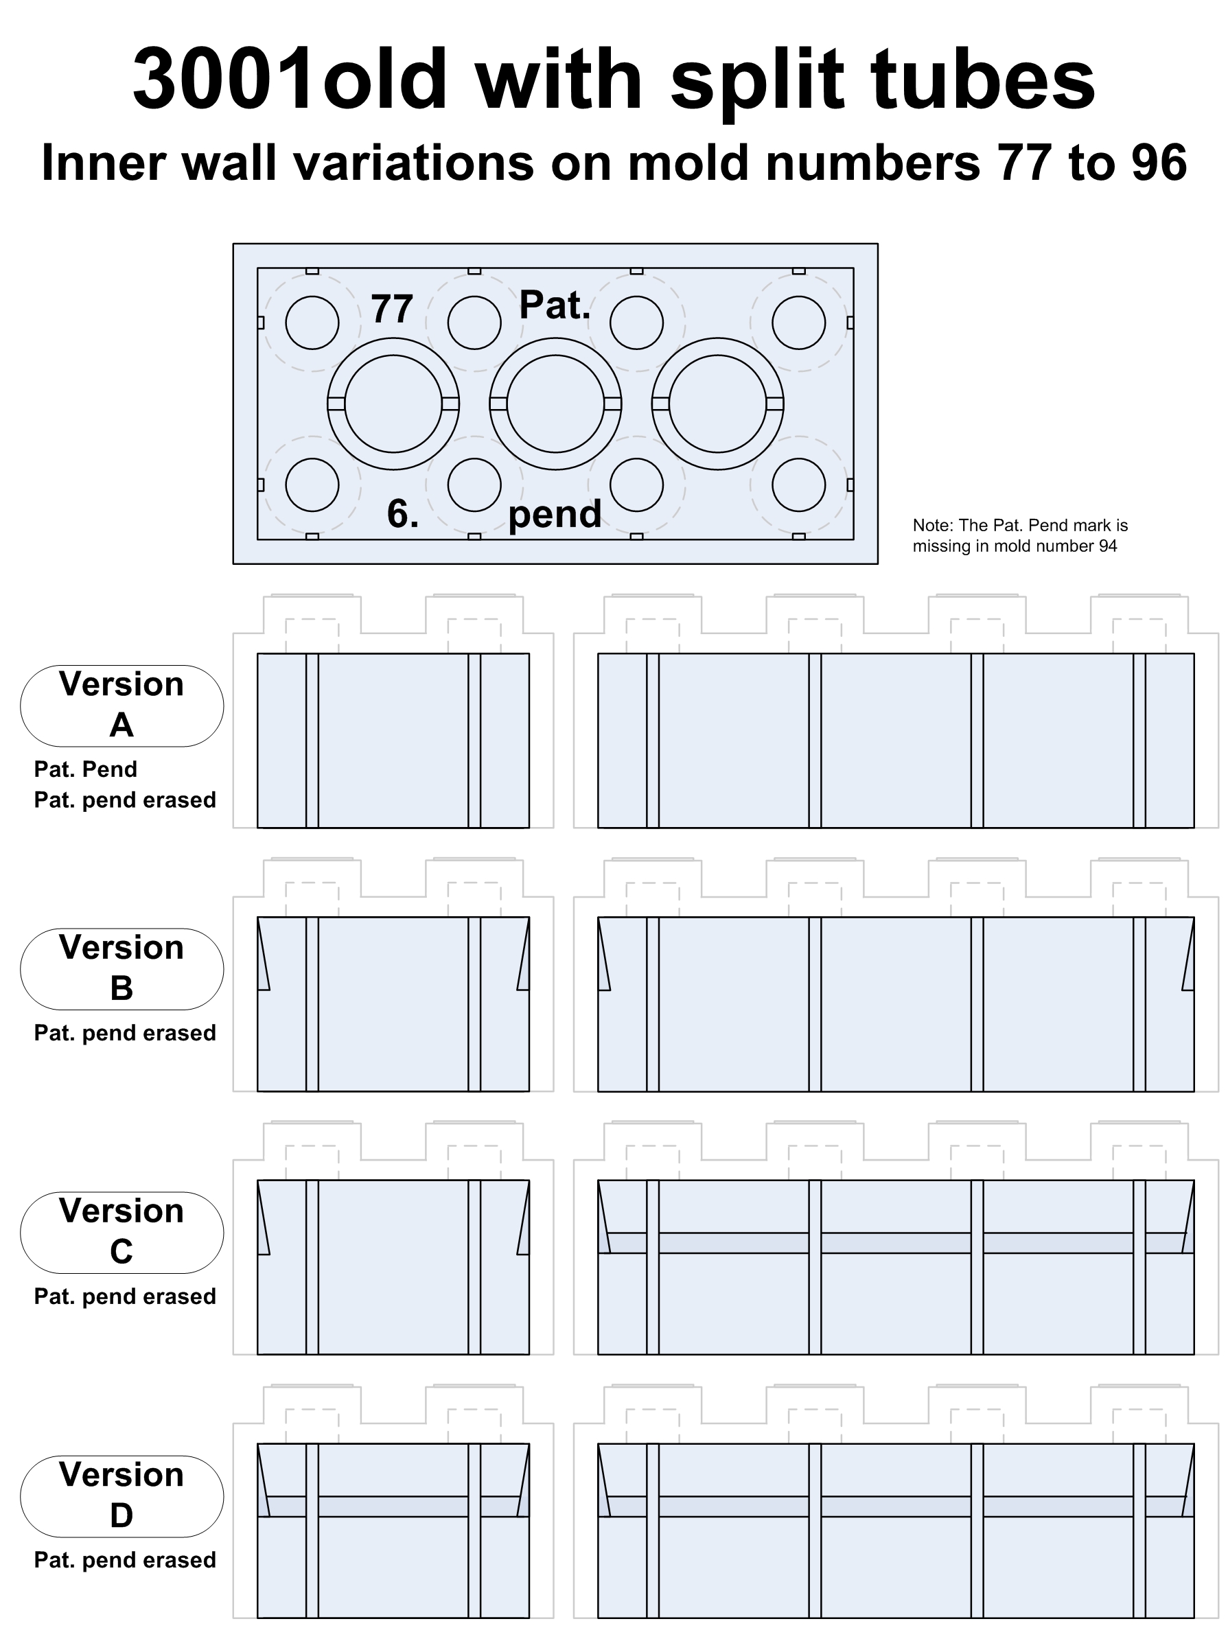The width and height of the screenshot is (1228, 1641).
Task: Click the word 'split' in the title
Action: [x=757, y=80]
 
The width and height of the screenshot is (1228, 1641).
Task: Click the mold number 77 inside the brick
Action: [x=392, y=309]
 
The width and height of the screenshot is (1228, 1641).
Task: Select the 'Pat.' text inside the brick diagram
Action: [x=554, y=305]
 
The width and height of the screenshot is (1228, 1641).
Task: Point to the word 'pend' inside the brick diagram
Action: [x=555, y=513]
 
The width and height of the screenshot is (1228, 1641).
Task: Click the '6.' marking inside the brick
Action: [x=403, y=513]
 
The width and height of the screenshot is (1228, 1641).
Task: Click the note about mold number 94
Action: [x=1020, y=535]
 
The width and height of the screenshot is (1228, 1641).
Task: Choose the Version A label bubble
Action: [x=121, y=706]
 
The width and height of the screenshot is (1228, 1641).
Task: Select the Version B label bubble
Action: [x=121, y=969]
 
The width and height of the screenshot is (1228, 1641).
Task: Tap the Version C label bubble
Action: [x=121, y=1232]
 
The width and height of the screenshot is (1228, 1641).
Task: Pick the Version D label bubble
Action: [x=121, y=1495]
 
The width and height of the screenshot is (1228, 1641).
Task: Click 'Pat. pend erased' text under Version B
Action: [x=125, y=1034]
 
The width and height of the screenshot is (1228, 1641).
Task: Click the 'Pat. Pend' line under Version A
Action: [x=85, y=769]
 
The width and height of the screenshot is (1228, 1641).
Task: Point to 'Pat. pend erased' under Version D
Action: [x=125, y=1560]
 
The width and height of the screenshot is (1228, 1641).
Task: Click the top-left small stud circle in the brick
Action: [x=312, y=323]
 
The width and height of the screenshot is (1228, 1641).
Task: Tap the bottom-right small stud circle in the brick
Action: [x=798, y=485]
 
